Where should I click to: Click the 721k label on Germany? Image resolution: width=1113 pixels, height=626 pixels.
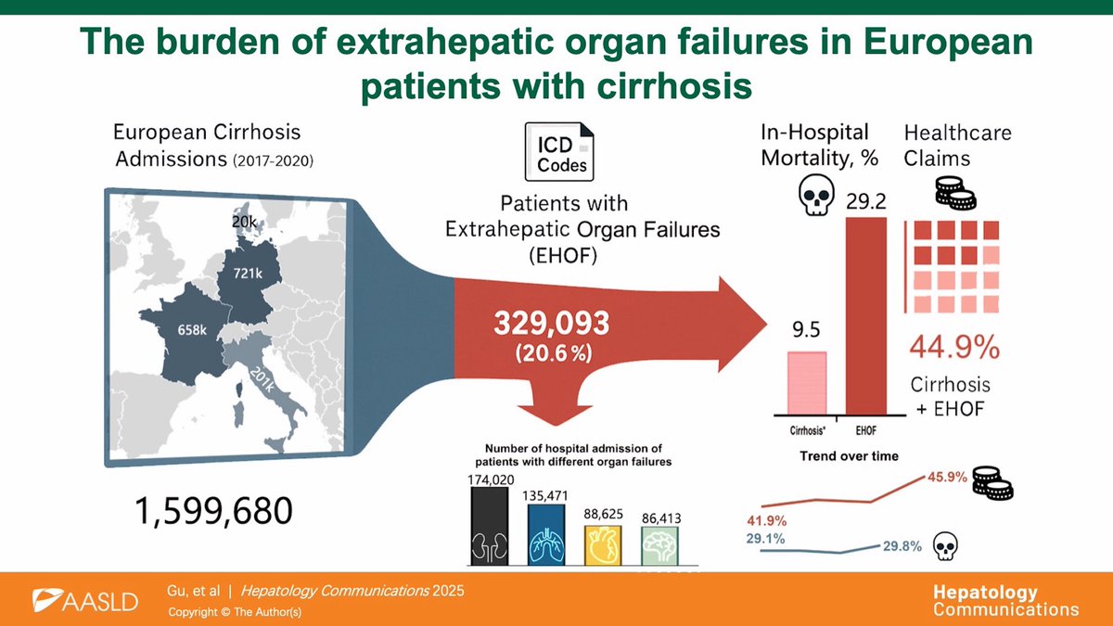click(248, 274)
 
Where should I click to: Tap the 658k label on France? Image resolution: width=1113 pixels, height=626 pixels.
click(192, 330)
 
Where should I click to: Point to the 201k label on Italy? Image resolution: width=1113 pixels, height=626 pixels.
click(262, 379)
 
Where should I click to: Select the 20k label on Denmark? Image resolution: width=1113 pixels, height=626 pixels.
click(244, 222)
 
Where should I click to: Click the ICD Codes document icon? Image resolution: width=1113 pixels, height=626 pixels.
click(559, 151)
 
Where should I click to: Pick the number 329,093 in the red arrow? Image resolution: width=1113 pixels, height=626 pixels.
click(552, 323)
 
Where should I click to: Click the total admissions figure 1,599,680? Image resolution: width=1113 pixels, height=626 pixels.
click(213, 511)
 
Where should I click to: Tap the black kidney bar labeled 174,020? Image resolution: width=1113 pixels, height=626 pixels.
click(490, 526)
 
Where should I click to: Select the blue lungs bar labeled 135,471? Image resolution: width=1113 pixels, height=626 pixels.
click(546, 534)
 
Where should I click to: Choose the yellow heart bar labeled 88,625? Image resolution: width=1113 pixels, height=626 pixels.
click(603, 545)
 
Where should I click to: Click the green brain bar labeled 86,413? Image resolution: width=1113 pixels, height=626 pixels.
click(659, 546)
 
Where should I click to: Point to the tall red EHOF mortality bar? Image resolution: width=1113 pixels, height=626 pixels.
click(866, 316)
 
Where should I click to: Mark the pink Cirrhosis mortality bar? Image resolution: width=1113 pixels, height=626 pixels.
click(807, 383)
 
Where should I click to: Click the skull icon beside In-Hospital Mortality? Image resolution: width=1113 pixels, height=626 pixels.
click(816, 194)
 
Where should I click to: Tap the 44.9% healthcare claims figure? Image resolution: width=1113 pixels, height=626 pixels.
click(954, 347)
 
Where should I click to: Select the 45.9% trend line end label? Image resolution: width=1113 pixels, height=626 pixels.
click(948, 477)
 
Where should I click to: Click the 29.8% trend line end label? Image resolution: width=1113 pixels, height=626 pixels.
click(902, 546)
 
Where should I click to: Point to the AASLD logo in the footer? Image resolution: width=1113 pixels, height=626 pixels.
click(85, 601)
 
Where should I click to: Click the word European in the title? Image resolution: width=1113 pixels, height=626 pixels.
click(948, 42)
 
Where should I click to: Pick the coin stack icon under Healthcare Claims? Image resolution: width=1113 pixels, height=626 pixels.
click(955, 193)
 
